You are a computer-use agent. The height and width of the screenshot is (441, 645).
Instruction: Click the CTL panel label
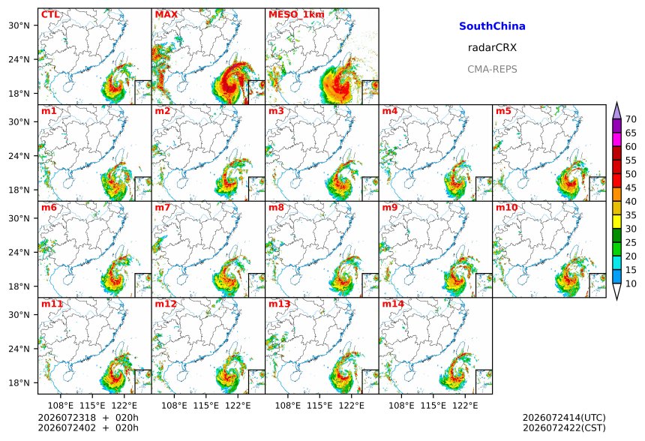[50, 15]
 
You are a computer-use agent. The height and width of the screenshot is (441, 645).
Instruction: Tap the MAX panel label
[166, 15]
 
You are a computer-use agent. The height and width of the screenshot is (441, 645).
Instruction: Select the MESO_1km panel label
[296, 15]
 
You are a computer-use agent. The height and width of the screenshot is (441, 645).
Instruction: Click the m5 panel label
[503, 111]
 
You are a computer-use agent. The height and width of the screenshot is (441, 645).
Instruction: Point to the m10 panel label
[506, 207]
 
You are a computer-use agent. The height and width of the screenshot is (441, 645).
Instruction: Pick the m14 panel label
[393, 304]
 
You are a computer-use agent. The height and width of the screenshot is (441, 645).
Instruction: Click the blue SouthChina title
[492, 26]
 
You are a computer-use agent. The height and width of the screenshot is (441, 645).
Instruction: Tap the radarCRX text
[492, 47]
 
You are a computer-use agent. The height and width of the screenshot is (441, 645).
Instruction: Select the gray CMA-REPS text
[492, 69]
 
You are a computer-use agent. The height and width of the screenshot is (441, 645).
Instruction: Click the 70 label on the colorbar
[631, 119]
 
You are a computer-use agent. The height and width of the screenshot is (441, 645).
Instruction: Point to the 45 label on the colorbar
[631, 187]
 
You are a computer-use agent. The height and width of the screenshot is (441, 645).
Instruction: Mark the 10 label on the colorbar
[631, 283]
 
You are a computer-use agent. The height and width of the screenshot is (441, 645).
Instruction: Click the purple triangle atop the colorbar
[616, 111]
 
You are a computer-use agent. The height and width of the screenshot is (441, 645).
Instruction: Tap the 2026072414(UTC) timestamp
[564, 418]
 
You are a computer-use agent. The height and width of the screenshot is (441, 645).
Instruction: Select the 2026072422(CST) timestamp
[564, 427]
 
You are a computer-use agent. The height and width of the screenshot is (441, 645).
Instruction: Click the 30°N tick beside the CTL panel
[19, 25]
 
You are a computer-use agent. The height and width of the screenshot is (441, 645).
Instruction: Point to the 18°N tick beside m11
[19, 383]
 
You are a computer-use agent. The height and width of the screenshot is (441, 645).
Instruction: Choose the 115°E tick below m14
[433, 406]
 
